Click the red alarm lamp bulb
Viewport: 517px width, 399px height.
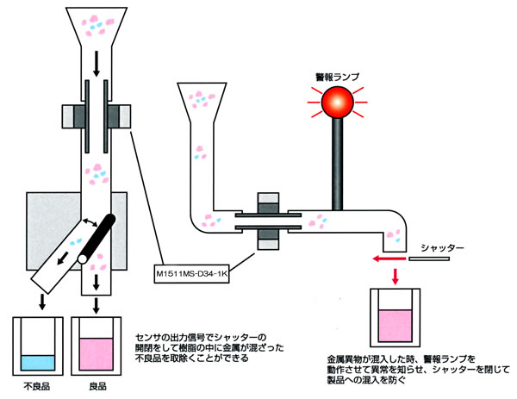tap(338, 104)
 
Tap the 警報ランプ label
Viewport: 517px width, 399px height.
tap(337, 76)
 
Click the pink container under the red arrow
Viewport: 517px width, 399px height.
tap(395, 318)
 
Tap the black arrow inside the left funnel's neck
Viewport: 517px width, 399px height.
tap(95, 59)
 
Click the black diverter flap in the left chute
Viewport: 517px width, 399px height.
tap(100, 235)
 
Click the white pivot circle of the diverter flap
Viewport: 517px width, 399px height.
tap(84, 257)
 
